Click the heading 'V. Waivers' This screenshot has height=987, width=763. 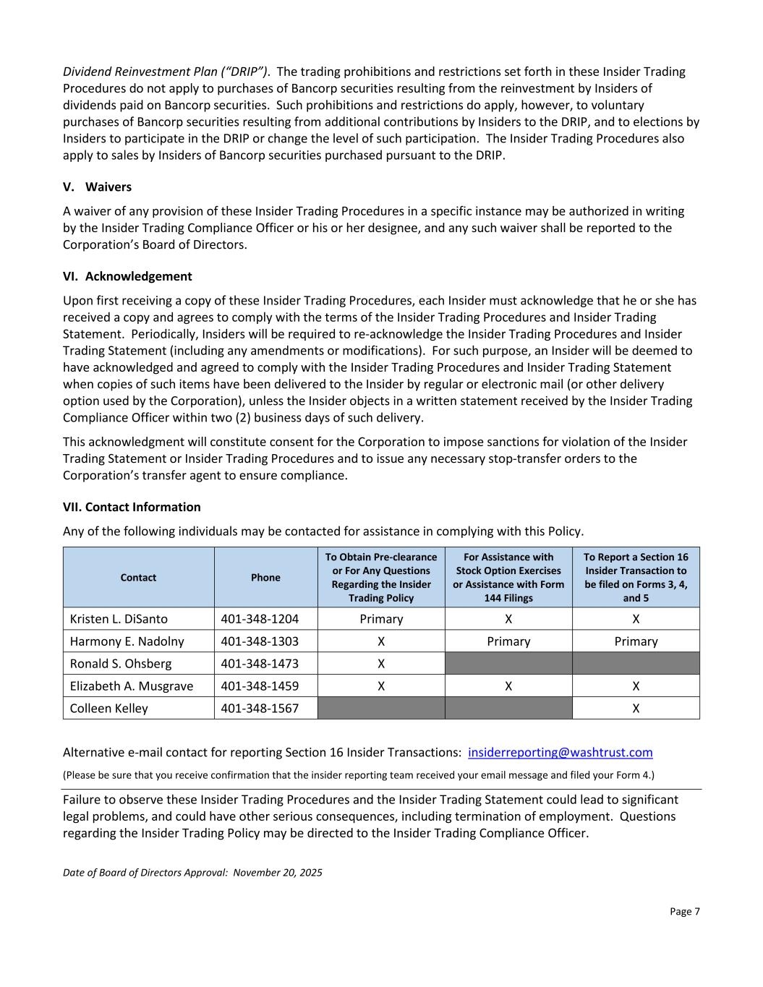click(x=97, y=187)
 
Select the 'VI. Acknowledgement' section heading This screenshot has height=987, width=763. click(x=127, y=276)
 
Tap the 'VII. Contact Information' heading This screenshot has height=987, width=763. click(x=132, y=507)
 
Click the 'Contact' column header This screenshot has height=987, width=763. click(x=138, y=578)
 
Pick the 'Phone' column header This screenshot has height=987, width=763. click(x=265, y=578)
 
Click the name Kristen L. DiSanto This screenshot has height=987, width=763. click(x=119, y=619)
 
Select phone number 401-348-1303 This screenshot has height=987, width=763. click(x=260, y=641)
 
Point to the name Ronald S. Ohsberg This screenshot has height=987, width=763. click(x=121, y=664)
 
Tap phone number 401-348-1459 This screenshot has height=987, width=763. click(x=260, y=686)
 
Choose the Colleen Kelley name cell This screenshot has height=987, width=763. click(x=108, y=709)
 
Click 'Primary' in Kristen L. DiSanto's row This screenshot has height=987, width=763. click(x=381, y=619)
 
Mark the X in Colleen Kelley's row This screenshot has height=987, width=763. click(x=636, y=709)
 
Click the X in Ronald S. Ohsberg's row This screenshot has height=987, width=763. click(x=381, y=664)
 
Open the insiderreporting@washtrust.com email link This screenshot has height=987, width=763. click(x=560, y=753)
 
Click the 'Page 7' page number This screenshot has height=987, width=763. click(x=684, y=912)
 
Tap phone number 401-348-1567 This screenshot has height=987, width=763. click(x=260, y=709)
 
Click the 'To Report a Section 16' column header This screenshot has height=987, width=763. click(x=636, y=577)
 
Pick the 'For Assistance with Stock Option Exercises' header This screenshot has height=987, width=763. click(x=508, y=577)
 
